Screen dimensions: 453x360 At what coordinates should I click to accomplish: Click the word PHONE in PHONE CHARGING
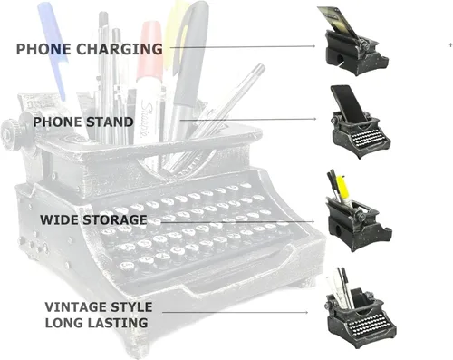43,49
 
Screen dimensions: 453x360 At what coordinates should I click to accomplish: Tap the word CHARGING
119,49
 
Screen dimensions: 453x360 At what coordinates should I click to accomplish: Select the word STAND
110,122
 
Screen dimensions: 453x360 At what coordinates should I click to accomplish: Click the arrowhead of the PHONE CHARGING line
313,46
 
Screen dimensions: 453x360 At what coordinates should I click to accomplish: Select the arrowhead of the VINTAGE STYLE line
306,312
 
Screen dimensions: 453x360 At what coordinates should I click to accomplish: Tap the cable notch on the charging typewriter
340,59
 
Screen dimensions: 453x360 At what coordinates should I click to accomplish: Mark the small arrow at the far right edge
450,45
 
